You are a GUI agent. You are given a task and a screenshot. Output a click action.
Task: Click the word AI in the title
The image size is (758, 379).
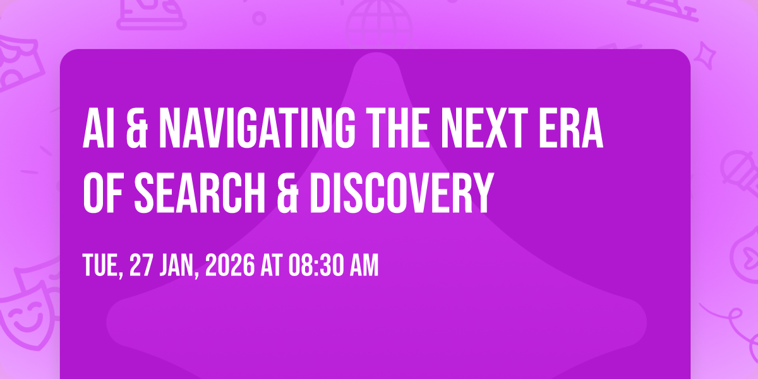94,128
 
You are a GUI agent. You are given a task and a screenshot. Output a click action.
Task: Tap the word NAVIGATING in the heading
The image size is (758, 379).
257,128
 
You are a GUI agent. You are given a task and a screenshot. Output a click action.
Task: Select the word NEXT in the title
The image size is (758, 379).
484,128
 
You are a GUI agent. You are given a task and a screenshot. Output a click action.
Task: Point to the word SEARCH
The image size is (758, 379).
200,193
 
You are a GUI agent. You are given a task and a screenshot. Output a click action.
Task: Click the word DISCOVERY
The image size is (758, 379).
402,193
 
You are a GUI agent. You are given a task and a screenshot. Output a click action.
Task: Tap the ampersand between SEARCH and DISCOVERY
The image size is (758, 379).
287,193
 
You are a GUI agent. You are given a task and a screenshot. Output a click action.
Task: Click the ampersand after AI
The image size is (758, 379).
137,128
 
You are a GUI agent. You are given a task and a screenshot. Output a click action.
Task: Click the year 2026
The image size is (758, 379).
230,266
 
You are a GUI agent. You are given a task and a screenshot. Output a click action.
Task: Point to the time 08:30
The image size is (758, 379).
316,266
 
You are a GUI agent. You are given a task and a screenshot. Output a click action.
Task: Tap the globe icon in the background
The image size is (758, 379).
379,25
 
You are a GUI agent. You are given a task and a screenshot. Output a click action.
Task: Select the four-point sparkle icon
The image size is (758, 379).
704,56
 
